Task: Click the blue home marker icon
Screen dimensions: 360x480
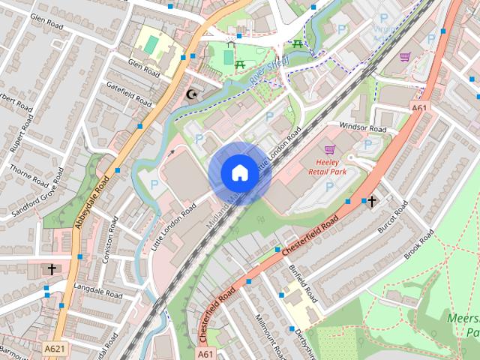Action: pyautogui.click(x=239, y=172)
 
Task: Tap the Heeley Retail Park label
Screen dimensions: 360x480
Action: pyautogui.click(x=328, y=166)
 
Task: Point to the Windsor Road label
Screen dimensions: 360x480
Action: pyautogui.click(x=362, y=128)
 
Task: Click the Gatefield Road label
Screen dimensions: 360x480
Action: pyautogui.click(x=130, y=95)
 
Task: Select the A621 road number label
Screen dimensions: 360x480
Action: pyautogui.click(x=53, y=349)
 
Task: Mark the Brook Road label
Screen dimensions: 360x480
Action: pyautogui.click(x=418, y=244)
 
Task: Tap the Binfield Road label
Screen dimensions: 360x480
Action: pyautogui.click(x=304, y=284)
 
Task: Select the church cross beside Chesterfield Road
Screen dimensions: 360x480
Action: pyautogui.click(x=370, y=200)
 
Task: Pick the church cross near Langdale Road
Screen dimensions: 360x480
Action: pyautogui.click(x=52, y=268)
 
